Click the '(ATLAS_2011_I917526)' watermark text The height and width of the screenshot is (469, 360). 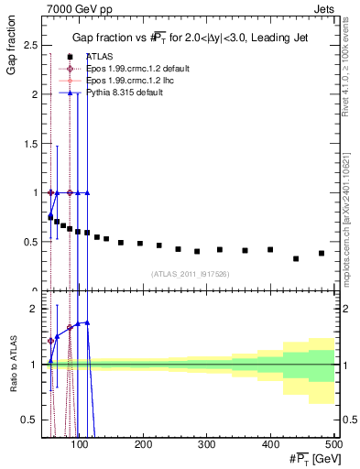point(191,273)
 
